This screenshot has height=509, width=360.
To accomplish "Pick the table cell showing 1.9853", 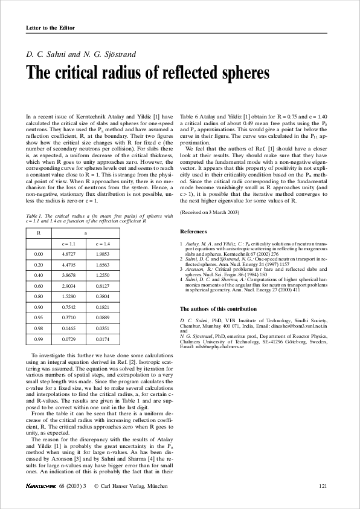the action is (105, 254).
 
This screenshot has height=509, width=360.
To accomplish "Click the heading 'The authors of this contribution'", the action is (218, 309).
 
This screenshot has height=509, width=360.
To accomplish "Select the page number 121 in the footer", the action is (323, 486).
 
